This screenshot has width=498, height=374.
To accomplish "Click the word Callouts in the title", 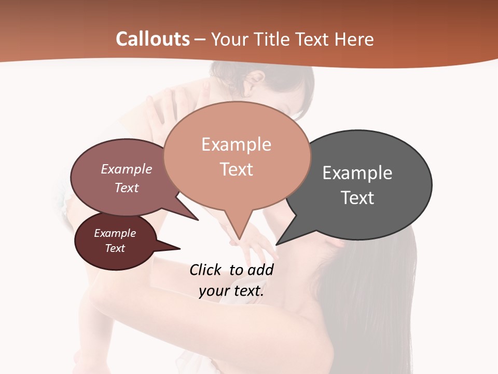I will click(153, 39).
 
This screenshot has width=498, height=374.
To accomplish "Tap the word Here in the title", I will click(355, 39).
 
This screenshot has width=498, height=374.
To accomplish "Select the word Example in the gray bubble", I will click(357, 172).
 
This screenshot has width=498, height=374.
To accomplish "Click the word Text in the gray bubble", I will click(357, 198).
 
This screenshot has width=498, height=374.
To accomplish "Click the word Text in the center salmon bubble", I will click(236, 169).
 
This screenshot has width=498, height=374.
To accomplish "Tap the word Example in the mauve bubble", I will click(126, 169).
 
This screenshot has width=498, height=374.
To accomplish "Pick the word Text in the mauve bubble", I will click(126, 188).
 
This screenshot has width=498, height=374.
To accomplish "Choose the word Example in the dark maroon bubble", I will click(115, 233).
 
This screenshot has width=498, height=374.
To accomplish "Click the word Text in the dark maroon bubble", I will click(115, 248).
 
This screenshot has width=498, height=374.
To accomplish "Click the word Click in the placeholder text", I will click(205, 270).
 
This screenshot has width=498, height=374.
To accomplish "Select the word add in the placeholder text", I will click(260, 270).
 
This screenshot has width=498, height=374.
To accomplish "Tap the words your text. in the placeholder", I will click(231, 291).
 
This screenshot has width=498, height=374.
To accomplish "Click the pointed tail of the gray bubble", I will click(278, 244).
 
